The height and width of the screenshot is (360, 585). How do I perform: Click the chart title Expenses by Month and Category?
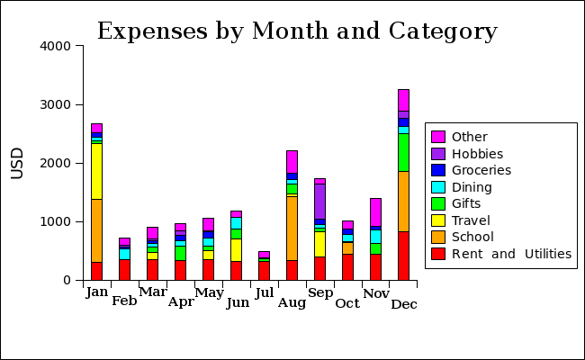pos(297,31)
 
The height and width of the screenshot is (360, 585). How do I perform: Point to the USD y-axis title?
pos(17,163)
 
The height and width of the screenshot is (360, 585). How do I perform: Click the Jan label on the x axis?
pos(96,292)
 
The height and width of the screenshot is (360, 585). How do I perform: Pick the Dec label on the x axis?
pos(404,304)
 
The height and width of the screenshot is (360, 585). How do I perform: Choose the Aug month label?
pos(292,302)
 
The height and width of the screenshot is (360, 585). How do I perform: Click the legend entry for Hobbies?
pos(477,154)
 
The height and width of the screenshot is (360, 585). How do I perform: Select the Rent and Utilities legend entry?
pos(511,254)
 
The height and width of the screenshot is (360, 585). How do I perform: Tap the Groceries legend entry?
pos(481,170)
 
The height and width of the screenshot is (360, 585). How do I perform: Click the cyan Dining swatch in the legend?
pos(438,187)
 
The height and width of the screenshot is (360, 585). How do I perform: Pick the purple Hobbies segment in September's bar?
pos(319,202)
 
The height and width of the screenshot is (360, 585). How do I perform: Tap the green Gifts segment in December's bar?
pos(403,152)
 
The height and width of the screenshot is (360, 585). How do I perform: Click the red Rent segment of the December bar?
pos(403,256)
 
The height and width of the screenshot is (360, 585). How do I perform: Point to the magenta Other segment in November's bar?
pos(375,212)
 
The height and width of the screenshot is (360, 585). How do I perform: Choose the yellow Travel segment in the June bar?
pos(236,249)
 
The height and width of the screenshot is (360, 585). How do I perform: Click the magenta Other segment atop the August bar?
pos(292,161)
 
